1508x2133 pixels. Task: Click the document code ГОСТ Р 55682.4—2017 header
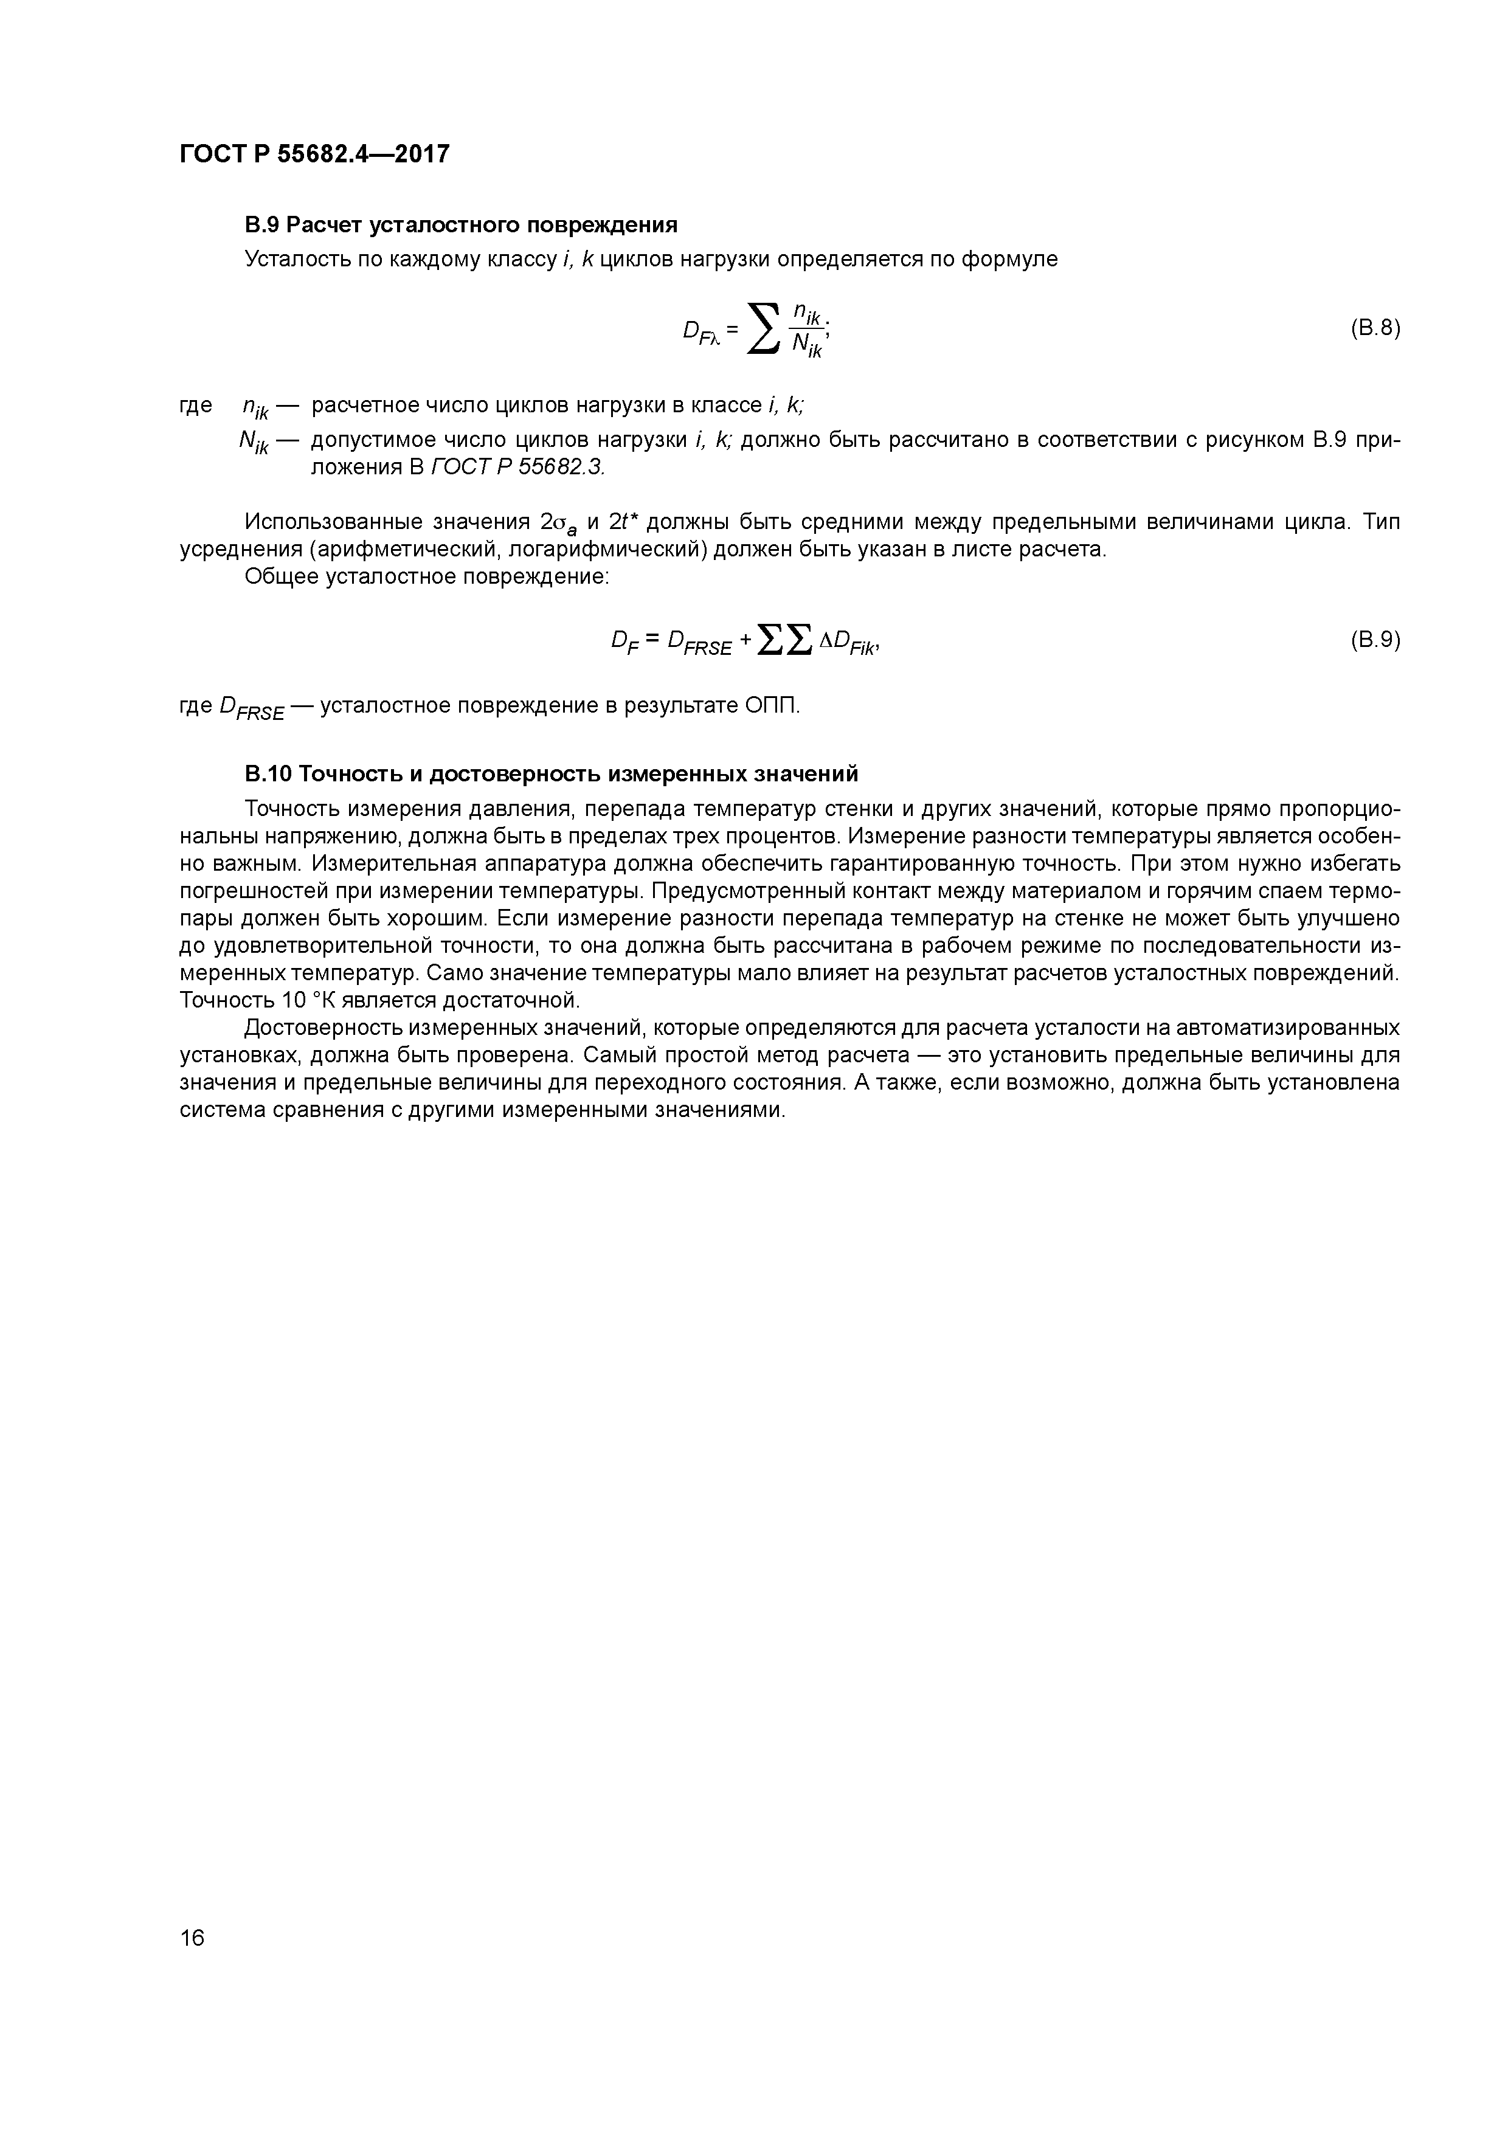coord(314,153)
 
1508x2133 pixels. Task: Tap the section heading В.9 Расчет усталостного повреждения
coord(461,225)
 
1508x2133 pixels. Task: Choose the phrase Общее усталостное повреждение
coord(426,577)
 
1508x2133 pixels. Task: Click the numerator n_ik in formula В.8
coord(804,313)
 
